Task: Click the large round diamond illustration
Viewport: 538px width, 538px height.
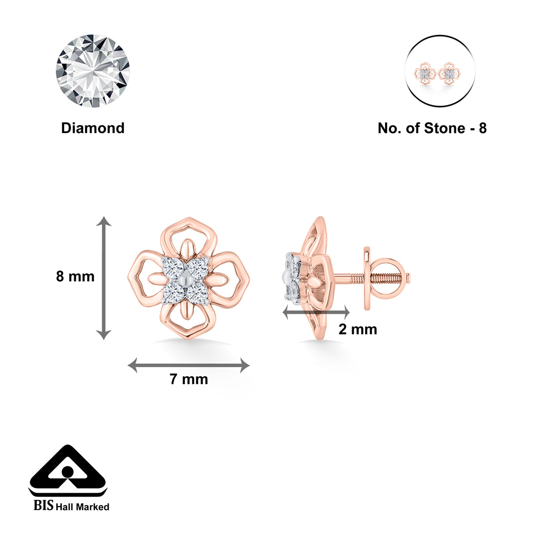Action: coord(93,70)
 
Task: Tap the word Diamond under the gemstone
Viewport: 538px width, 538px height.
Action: coord(93,128)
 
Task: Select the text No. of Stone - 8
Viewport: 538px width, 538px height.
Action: coord(432,128)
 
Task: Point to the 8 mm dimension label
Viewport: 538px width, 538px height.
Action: coord(75,276)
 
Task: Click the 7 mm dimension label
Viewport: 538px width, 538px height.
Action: coord(189,379)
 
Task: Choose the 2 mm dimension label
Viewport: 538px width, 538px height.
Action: coord(358,329)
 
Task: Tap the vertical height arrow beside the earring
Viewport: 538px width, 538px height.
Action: coord(104,278)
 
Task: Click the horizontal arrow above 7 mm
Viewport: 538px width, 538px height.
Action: coord(189,365)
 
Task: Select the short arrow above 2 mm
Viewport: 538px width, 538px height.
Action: coord(316,312)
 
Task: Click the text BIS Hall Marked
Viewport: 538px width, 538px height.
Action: coord(71,506)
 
